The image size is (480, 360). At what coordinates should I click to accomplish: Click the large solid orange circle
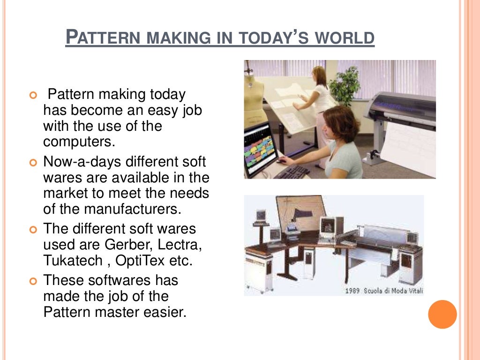coord(442,314)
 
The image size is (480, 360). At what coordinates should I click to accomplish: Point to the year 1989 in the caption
coord(352,291)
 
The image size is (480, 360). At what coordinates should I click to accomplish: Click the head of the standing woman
coord(319,75)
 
